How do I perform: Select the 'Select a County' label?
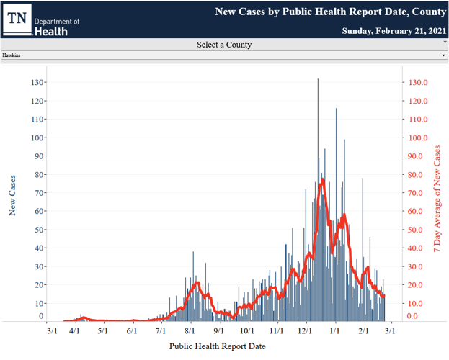point(224,45)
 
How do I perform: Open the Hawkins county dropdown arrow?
point(443,55)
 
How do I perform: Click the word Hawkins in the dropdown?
point(12,55)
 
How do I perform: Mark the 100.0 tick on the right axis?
point(418,138)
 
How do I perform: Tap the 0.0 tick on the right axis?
point(412,316)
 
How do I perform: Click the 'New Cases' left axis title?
point(13,194)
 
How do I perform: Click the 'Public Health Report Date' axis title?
point(217,346)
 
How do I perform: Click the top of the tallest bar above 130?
point(318,79)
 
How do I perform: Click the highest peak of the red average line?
point(323,179)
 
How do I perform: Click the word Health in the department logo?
point(51,31)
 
